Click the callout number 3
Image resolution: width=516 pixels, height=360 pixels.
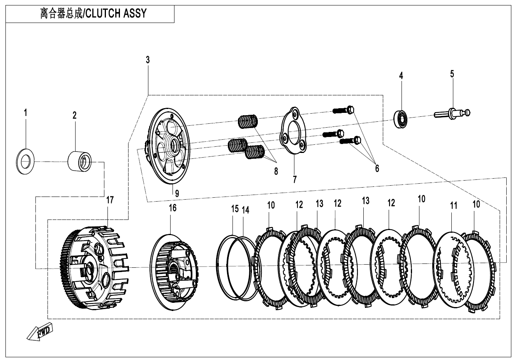(148, 60)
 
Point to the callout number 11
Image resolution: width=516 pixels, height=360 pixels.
(453, 206)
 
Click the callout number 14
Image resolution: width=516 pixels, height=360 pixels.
(245, 210)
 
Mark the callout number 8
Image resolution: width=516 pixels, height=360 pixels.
(276, 171)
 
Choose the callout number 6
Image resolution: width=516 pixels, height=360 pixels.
(377, 168)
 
